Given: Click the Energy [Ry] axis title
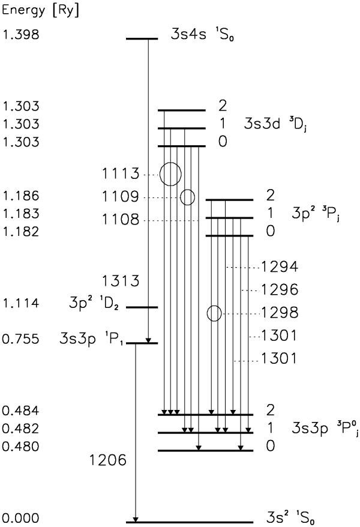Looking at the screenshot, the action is pyautogui.click(x=41, y=10).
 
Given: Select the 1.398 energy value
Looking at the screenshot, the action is pyautogui.click(x=21, y=34).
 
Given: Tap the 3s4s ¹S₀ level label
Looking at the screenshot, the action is pyautogui.click(x=202, y=35).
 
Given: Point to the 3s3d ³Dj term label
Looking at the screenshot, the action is pyautogui.click(x=275, y=124).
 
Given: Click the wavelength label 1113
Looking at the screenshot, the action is pyautogui.click(x=121, y=173).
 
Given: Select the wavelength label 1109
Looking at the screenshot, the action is pyautogui.click(x=121, y=196).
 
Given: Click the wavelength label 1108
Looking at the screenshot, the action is pyautogui.click(x=121, y=219).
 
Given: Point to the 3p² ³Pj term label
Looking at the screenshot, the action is pyautogui.click(x=316, y=213).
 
